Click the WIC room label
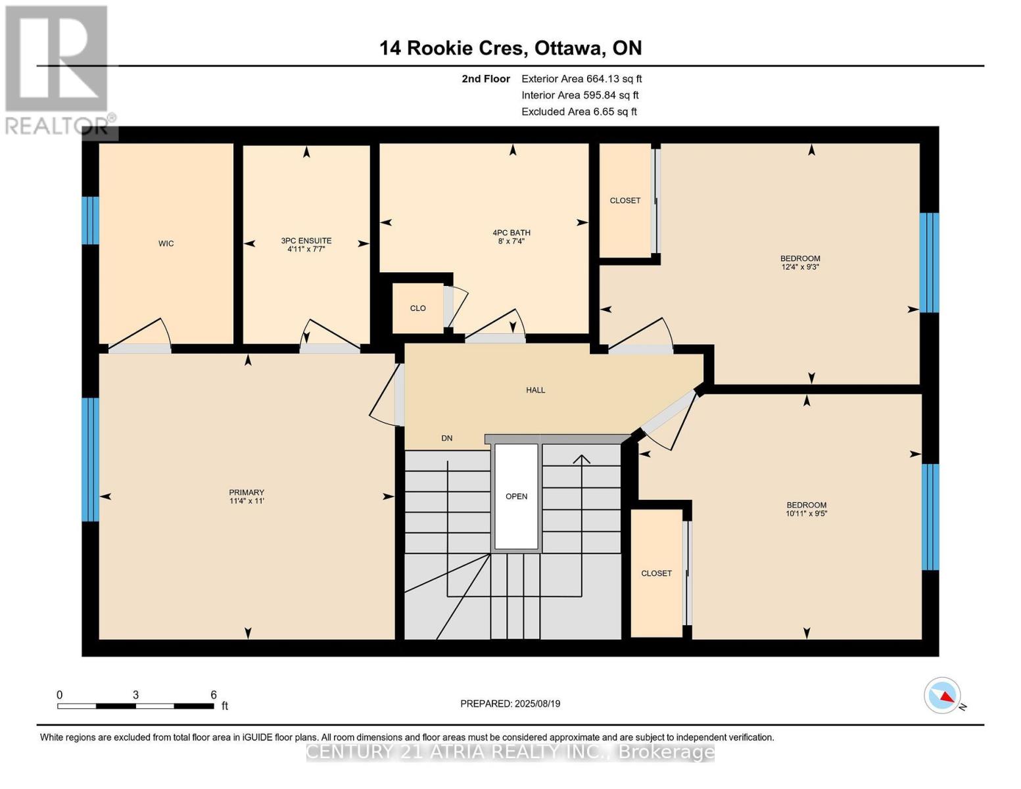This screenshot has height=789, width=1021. coord(166,244)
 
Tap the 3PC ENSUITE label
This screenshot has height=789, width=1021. coord(306,241)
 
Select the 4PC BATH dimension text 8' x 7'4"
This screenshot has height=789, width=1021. coord(511,241)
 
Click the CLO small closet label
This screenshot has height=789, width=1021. coord(417,308)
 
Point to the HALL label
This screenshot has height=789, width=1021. coord(535,391)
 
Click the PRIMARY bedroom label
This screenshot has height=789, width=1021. coord(247,492)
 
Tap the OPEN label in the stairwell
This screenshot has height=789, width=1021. coord(516,496)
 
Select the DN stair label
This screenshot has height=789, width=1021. coord(446,439)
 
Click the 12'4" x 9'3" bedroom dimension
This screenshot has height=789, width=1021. coord(799,267)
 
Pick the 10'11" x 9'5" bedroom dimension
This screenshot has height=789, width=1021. coord(806,514)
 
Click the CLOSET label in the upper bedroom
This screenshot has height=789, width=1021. coord(625,201)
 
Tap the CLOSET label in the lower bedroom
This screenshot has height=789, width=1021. coord(656,573)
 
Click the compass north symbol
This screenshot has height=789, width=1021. coord(943,696)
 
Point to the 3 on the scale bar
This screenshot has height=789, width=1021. coord(135,695)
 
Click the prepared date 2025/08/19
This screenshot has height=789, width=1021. coord(537,704)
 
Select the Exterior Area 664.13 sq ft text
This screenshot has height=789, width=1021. coord(581,79)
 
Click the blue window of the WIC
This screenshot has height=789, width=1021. coord(91,220)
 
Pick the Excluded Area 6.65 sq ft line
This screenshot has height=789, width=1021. coord(579,112)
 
